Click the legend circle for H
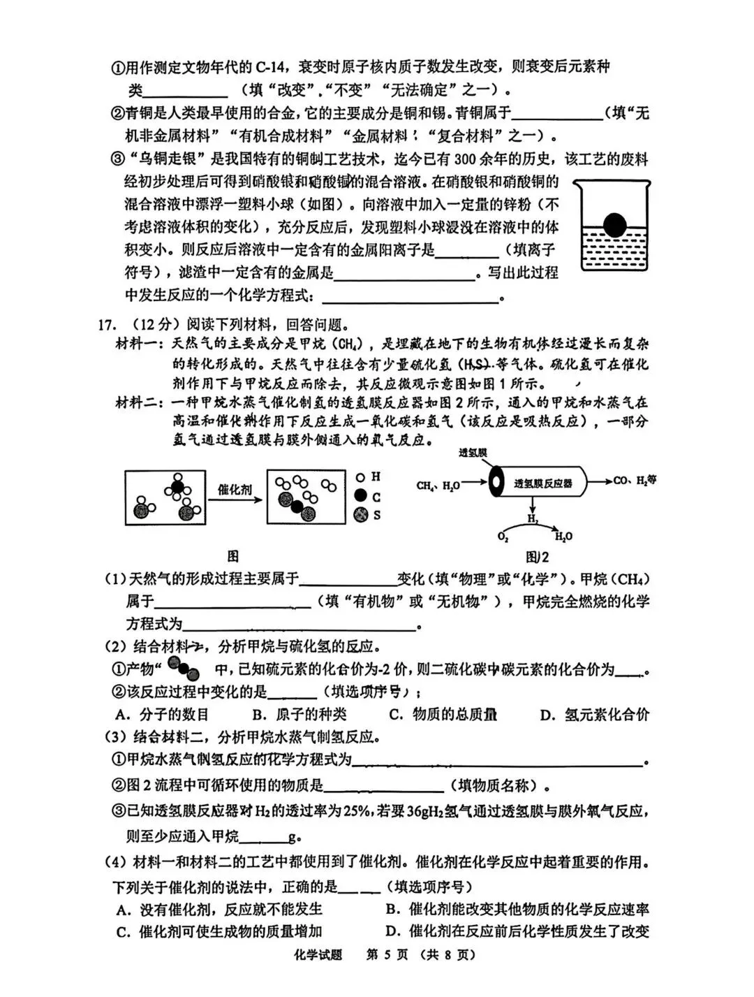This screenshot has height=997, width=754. click(360, 477)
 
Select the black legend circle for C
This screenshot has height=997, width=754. click(360, 496)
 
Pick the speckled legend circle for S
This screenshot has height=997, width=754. click(360, 516)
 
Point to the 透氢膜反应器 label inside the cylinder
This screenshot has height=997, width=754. click(542, 483)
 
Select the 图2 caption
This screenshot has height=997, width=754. click(538, 556)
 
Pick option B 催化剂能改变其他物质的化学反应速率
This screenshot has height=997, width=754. click(517, 909)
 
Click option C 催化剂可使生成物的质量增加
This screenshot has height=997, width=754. click(219, 931)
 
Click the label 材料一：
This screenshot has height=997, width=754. click(140, 344)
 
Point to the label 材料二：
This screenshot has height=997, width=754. click(140, 403)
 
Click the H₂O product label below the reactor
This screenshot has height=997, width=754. click(563, 536)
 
